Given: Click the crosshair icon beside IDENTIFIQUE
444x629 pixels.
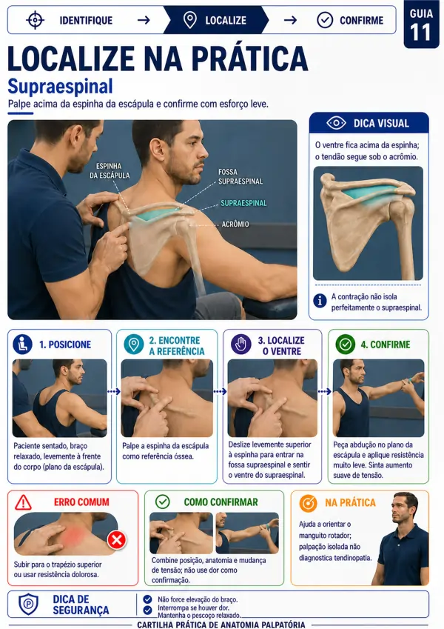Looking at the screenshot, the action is click(x=36, y=20).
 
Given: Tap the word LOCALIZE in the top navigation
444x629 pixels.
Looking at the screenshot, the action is click(x=226, y=20).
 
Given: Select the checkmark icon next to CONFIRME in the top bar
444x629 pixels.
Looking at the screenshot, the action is click(x=325, y=20).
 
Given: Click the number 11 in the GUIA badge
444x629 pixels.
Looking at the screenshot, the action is click(x=421, y=33).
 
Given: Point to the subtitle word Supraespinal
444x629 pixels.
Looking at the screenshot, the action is click(x=60, y=86).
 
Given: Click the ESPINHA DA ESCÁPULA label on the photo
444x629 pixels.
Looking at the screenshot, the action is click(x=110, y=170).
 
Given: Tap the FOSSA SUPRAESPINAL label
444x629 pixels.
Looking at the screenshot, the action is click(x=240, y=176).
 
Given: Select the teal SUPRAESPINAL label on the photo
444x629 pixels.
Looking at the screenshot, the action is click(x=243, y=203).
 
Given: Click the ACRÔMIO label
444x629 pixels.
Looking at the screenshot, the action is click(x=235, y=224).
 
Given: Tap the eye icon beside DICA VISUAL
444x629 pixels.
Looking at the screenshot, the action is click(x=336, y=123).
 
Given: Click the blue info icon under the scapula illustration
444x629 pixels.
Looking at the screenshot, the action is click(x=320, y=301).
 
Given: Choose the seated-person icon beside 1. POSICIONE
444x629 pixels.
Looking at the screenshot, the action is click(x=22, y=345).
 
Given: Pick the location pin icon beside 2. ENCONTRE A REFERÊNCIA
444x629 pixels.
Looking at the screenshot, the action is click(x=133, y=345).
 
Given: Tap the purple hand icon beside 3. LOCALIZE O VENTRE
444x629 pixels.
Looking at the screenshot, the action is click(x=240, y=345).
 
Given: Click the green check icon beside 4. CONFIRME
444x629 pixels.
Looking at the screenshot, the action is click(x=346, y=345).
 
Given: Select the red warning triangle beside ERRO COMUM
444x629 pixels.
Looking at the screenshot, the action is click(x=23, y=502).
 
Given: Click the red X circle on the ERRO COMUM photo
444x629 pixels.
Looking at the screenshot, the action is click(x=117, y=539).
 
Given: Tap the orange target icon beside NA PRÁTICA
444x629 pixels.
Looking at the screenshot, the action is click(x=308, y=503).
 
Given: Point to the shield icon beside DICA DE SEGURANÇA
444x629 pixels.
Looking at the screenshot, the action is click(x=29, y=604).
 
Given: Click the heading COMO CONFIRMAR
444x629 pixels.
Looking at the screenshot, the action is click(x=221, y=502).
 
